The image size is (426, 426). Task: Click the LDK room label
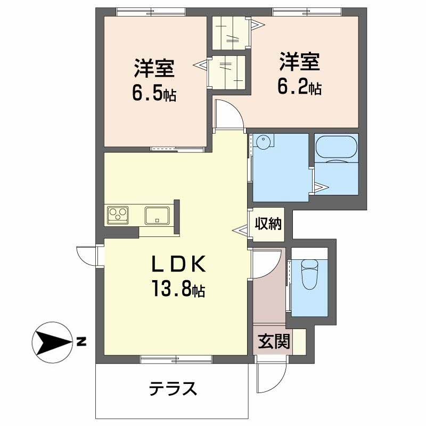pyautogui.click(x=178, y=264)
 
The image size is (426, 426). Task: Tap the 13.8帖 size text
pyautogui.click(x=178, y=289)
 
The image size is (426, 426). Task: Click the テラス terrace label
pyautogui.click(x=173, y=389)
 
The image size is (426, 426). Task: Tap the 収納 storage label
pyautogui.click(x=268, y=224)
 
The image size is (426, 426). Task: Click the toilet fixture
pyautogui.click(x=309, y=274)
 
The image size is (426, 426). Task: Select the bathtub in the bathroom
pyautogui.click(x=337, y=149)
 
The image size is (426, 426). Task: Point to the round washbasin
pyautogui.click(x=263, y=141)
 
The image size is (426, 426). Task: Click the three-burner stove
pyautogui.click(x=118, y=215)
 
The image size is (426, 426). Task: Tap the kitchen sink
pyautogui.click(x=157, y=216)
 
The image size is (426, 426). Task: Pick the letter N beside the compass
pyautogui.click(x=81, y=342)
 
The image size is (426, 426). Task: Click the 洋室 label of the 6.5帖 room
pyautogui.click(x=154, y=68)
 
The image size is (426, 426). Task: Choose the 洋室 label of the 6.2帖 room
pyautogui.click(x=300, y=61)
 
